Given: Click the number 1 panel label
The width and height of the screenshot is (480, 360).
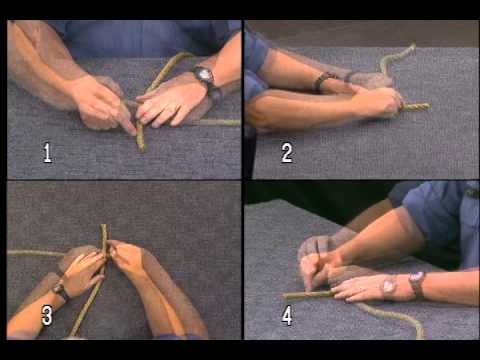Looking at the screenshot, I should (47, 153).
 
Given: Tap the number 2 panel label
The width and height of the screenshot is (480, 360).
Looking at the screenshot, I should (287, 153).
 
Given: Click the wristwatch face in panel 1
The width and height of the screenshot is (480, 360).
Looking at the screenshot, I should (204, 76).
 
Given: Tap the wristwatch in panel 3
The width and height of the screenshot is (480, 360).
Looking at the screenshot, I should (60, 290).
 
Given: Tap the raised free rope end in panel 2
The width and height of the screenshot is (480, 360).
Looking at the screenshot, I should (410, 46).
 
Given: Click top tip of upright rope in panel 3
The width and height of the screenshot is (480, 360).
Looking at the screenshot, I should (103, 229).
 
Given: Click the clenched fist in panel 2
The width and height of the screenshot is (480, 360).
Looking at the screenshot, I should (380, 100).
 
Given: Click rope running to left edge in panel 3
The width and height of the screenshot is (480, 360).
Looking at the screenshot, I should (25, 253).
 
